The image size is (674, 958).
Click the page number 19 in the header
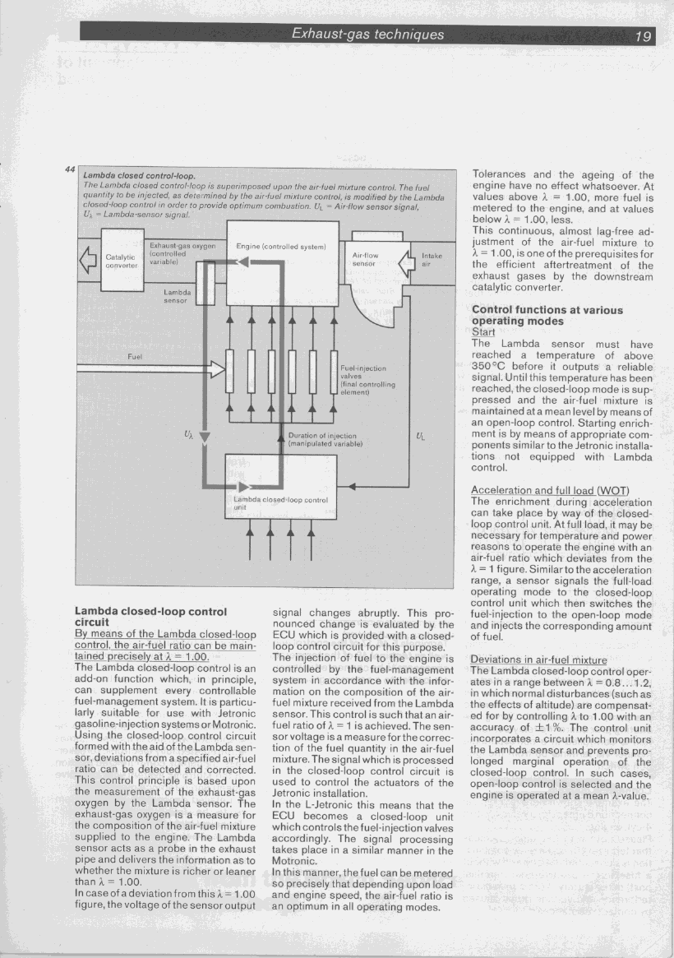(x=643, y=35)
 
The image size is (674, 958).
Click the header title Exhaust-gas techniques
(x=367, y=34)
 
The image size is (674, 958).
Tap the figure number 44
(x=70, y=170)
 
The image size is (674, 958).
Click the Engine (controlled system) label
(x=281, y=247)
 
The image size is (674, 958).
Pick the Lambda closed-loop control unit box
(x=280, y=487)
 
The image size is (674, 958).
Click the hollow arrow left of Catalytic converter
(x=83, y=263)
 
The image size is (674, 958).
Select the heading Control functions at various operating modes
(x=547, y=317)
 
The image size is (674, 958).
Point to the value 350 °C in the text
(x=490, y=366)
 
